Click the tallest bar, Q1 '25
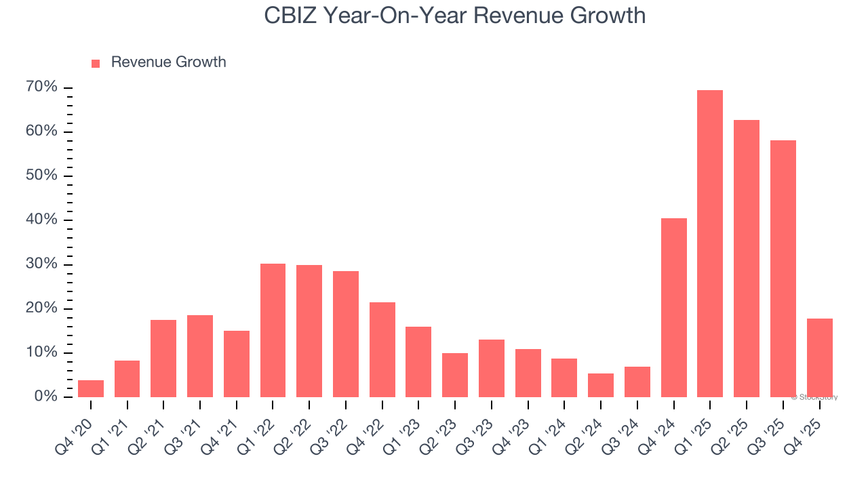(710, 243)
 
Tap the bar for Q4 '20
(91, 388)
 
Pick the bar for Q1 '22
(273, 330)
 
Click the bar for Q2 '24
(601, 385)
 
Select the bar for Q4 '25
(819, 357)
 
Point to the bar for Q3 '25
(783, 268)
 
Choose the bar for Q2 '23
(455, 375)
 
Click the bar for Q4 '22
(382, 349)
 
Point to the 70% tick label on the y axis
(41, 87)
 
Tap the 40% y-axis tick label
(41, 220)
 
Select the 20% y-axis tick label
(41, 308)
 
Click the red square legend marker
(96, 63)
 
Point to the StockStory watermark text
(814, 397)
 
